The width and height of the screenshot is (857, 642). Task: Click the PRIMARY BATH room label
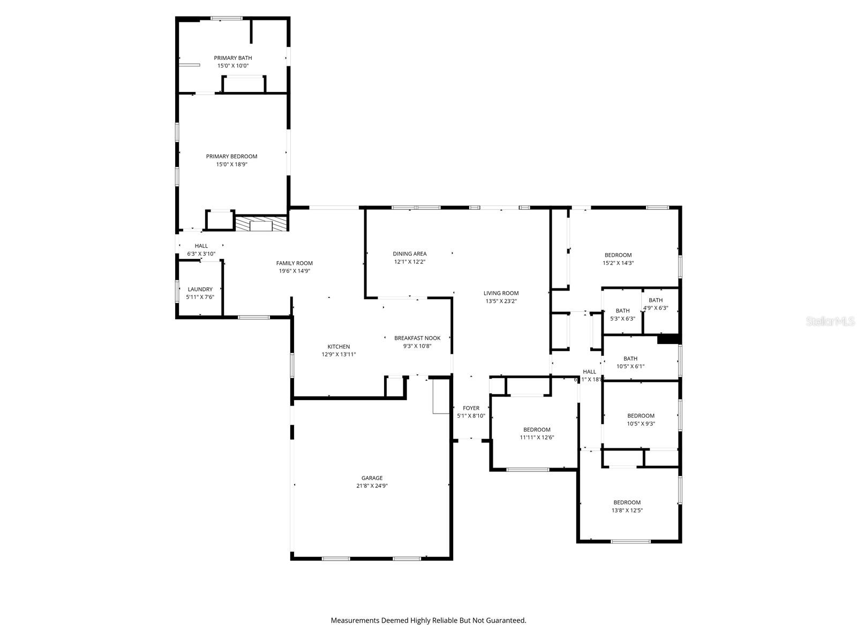(232, 58)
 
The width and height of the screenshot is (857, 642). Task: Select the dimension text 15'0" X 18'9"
(231, 165)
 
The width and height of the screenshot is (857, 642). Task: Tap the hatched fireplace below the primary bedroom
(261, 224)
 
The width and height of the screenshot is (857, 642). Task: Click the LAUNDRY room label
(200, 289)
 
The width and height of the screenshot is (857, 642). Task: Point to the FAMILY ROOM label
(294, 263)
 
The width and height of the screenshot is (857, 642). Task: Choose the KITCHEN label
(339, 347)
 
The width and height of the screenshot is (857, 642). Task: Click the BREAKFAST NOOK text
(417, 338)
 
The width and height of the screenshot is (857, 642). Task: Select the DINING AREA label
(409, 254)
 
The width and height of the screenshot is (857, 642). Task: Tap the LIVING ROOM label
(501, 293)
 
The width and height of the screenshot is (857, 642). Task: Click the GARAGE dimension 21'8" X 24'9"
(372, 486)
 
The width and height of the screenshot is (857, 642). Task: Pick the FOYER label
(471, 408)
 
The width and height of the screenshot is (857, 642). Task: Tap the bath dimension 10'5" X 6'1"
(630, 367)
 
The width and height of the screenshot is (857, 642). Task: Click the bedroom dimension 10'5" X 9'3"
(641, 424)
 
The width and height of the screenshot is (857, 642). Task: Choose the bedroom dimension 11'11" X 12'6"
(537, 438)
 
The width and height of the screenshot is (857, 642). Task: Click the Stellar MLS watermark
(831, 322)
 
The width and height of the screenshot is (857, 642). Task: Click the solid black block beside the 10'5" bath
(668, 339)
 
